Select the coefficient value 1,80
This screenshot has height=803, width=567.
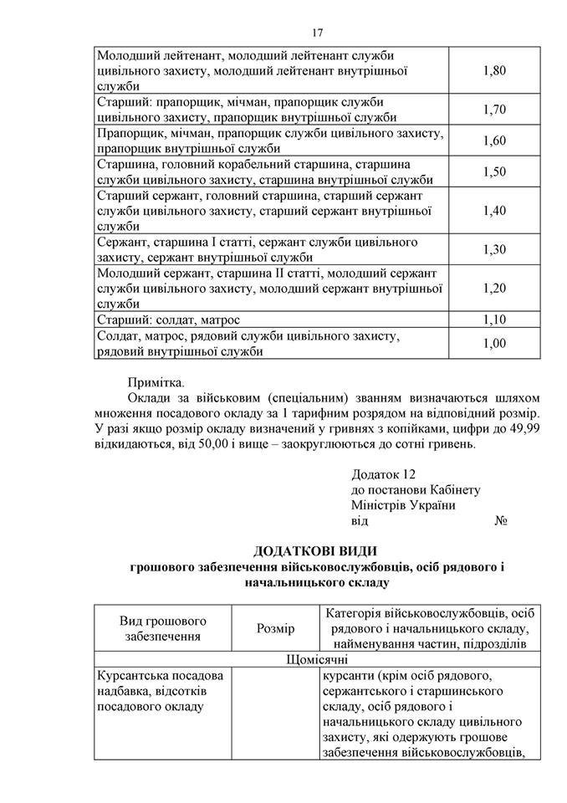(494, 71)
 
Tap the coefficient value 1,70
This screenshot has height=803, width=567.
(494, 110)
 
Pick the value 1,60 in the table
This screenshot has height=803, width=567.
(494, 141)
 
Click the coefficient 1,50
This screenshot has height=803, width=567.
(494, 171)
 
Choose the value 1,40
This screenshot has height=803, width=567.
(494, 210)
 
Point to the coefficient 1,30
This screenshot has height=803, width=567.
(494, 249)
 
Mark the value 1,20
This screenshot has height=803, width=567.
(494, 288)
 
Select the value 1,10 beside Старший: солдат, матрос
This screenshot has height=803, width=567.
(494, 320)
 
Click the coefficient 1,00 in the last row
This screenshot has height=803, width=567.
(494, 343)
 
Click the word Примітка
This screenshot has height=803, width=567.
(155, 382)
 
